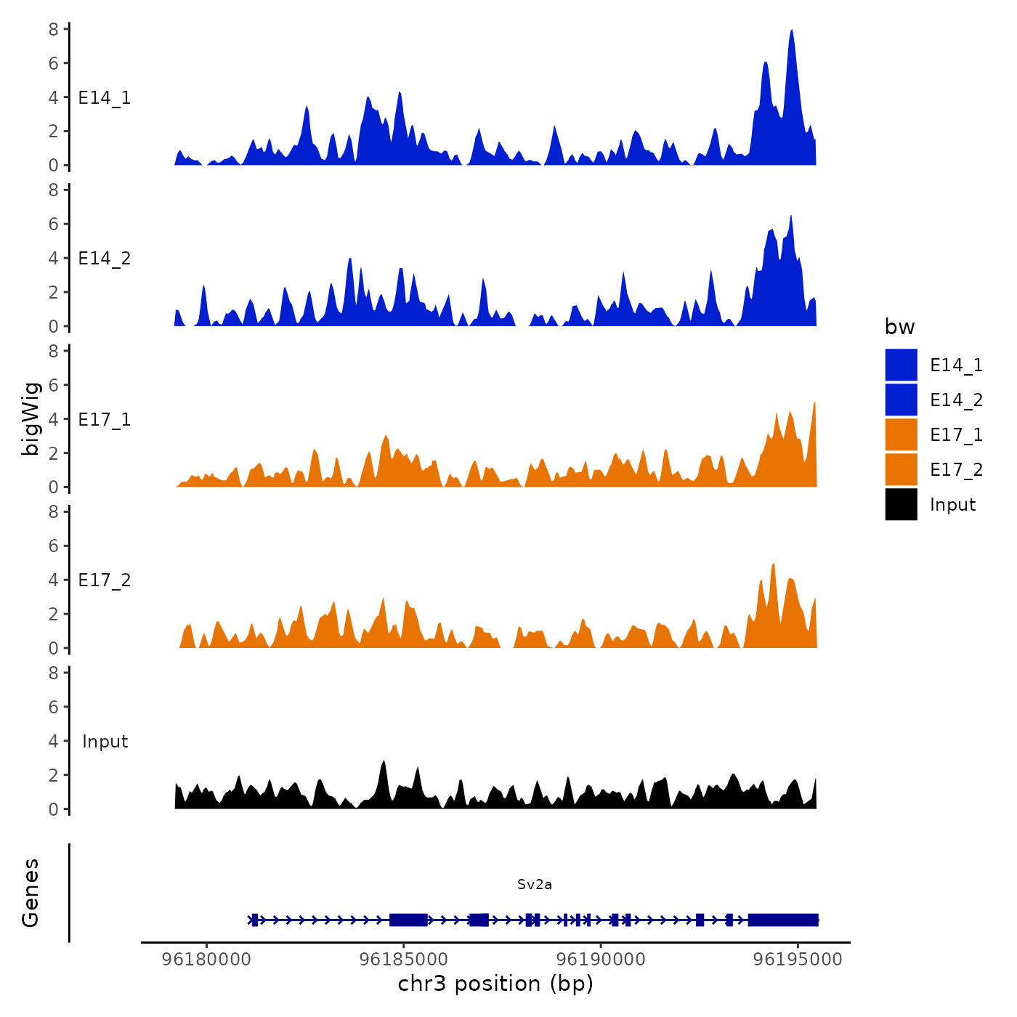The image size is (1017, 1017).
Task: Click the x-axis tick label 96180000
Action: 206,960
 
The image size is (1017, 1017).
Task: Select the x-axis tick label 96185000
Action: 404,960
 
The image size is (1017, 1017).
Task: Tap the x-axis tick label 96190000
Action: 601,960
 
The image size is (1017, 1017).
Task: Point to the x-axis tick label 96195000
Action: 798,960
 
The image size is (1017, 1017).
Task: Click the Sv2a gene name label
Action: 535,884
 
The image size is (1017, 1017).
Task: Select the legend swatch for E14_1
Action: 901,365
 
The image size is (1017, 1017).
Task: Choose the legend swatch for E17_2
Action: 901,469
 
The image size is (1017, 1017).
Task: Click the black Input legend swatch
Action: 901,504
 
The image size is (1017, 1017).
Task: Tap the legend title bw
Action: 899,327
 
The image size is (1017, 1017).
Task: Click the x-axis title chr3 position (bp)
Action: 495,984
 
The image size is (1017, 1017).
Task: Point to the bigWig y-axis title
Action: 31,418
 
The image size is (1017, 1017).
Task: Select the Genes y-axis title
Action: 31,893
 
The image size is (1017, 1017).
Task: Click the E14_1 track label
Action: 105,98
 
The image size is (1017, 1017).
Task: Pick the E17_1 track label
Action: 105,420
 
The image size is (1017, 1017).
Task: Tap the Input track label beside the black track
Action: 105,742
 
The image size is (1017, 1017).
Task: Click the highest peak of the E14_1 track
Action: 792,31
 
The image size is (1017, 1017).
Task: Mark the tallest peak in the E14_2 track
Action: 791,216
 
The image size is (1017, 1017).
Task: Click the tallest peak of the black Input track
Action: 384,762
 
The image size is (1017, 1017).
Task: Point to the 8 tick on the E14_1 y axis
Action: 54,29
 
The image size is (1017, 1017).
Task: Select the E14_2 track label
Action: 105,259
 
